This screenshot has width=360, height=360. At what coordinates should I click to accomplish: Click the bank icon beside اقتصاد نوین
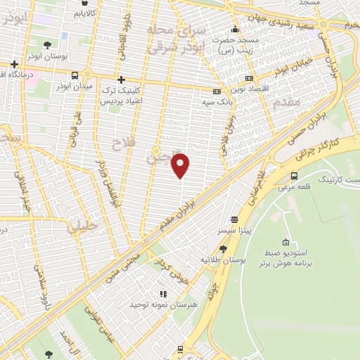click(x=247, y=79)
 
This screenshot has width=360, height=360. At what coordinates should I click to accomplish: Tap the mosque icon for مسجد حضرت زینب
click(x=235, y=30)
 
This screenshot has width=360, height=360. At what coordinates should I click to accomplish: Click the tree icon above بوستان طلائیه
click(x=223, y=248)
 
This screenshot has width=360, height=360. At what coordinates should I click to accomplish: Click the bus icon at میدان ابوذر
click(x=75, y=75)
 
